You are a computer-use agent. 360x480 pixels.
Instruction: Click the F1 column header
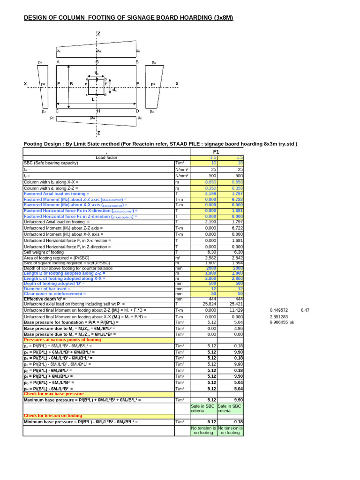pyautogui.click(x=216, y=152)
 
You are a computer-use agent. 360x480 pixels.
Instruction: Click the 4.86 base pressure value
pyautogui.click(x=238, y=329)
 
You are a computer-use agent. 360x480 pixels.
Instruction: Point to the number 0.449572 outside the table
pyautogui.click(x=279, y=310)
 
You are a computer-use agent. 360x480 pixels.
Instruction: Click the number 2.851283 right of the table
pyautogui.click(x=279, y=317)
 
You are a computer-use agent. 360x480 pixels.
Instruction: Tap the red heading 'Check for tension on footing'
pyautogui.click(x=52, y=416)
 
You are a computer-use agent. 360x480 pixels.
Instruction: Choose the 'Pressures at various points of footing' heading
pyautogui.click(x=62, y=340)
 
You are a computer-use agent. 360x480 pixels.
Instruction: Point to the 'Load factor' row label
pyautogui.click(x=106, y=157)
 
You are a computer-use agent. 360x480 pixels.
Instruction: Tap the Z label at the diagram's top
pyautogui.click(x=99, y=34)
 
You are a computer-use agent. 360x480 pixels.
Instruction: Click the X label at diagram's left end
pyautogui.click(x=25, y=84)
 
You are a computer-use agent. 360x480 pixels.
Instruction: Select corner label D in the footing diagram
pyautogui.click(x=137, y=111)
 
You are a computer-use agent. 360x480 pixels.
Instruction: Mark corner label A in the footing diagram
pyautogui.click(x=58, y=62)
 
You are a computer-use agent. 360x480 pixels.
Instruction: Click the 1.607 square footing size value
pyautogui.click(x=210, y=263)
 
